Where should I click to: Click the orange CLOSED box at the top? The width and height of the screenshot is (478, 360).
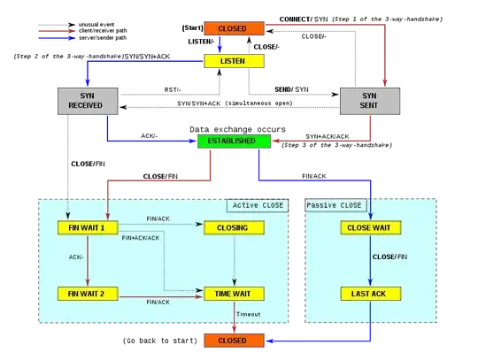233,28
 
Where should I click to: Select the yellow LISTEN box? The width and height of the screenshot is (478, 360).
233,60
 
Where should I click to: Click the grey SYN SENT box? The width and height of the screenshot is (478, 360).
370,100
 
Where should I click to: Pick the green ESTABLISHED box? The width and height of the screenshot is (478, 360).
232,141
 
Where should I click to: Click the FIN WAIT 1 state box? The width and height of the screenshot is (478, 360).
87,227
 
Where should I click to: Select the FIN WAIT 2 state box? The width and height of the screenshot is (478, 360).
87,293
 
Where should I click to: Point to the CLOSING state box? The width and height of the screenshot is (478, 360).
233,227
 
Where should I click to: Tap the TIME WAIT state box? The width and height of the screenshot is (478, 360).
233,293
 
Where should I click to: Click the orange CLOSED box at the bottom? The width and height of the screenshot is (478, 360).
233,340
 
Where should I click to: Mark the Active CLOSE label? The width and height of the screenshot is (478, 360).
258,205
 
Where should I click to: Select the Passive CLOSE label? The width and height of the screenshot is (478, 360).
334,205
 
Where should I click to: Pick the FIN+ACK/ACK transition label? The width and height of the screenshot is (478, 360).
140,238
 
